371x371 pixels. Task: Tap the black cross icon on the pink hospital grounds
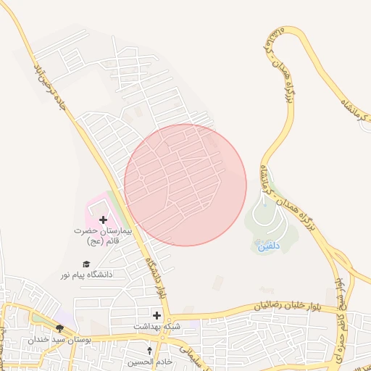(x=102, y=220)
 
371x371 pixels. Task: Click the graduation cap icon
(x=86, y=264)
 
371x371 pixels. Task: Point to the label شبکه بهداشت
(x=157, y=327)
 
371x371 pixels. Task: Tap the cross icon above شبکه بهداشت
(x=157, y=314)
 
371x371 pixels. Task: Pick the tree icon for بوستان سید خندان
(x=59, y=328)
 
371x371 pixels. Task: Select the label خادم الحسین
(x=149, y=361)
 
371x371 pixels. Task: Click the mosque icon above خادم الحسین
(x=149, y=351)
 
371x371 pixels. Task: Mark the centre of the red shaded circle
(x=185, y=185)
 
